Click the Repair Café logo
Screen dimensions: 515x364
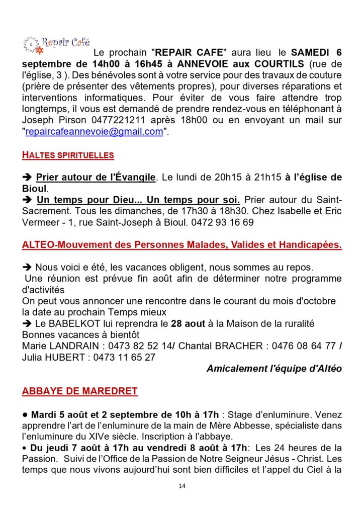point(56,44)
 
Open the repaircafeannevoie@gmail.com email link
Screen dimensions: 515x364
point(94,131)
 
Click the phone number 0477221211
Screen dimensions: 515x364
point(110,120)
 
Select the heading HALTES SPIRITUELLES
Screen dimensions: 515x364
point(68,155)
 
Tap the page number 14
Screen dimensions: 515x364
point(182,486)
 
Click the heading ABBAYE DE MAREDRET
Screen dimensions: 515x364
point(79,391)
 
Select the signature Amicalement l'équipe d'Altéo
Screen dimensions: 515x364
point(274,369)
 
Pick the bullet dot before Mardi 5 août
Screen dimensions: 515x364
point(25,415)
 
